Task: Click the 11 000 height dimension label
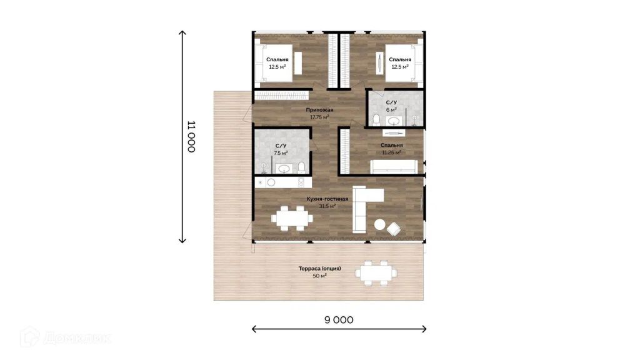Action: [x=191, y=136]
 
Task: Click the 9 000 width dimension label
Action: [x=339, y=320]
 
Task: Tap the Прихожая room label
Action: [x=319, y=110]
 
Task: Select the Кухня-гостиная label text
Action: [x=327, y=199]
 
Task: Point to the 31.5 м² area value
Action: [x=327, y=206]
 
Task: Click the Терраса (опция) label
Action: [x=319, y=269]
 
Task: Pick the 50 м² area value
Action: [x=319, y=276]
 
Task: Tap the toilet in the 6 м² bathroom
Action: [x=376, y=120]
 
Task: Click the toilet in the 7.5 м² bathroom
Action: [x=301, y=167]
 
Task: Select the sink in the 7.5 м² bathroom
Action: [x=283, y=168]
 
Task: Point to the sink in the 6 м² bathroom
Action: [x=394, y=121]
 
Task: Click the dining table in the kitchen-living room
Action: [x=292, y=218]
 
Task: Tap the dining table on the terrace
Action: [x=376, y=272]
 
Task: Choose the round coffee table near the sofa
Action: [x=380, y=224]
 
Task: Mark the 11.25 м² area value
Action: [x=391, y=152]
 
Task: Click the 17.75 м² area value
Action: [x=319, y=117]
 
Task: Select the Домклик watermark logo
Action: [x=65, y=337]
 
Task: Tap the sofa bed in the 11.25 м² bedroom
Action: [x=394, y=166]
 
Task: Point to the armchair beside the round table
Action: [x=394, y=229]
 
